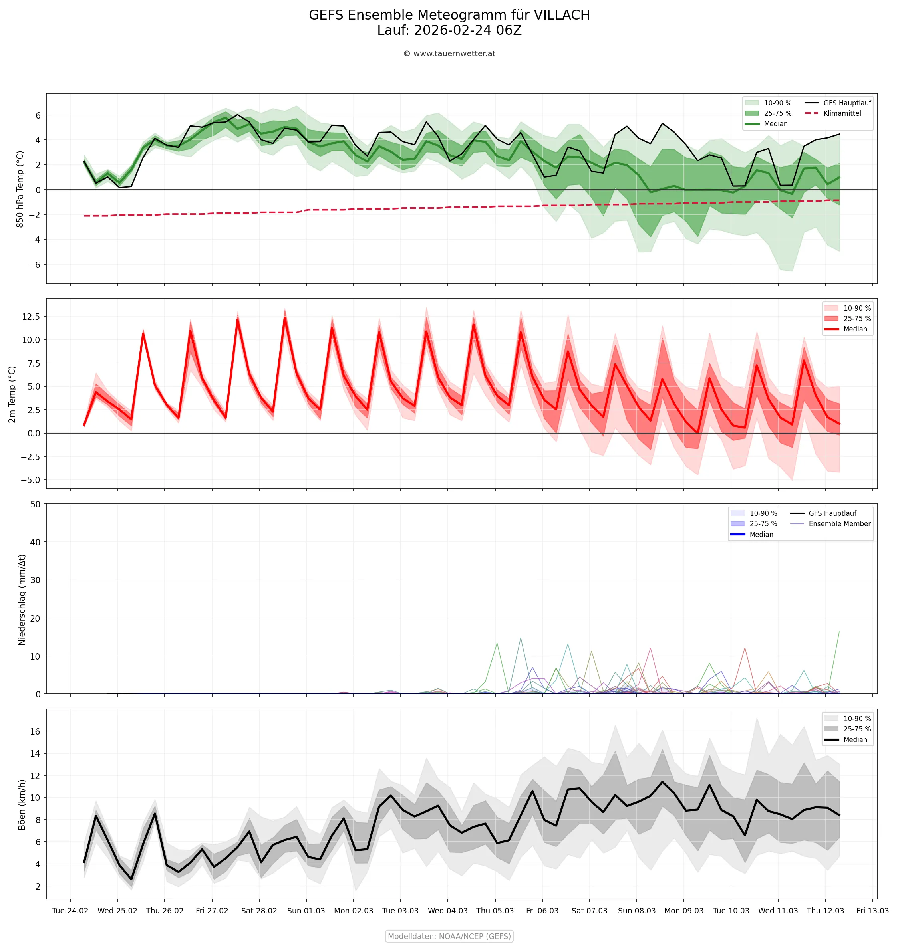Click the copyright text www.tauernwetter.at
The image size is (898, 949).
pyautogui.click(x=454, y=53)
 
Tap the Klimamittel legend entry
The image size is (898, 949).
pyautogui.click(x=842, y=113)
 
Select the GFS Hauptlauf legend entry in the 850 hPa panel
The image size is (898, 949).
pyautogui.click(x=847, y=103)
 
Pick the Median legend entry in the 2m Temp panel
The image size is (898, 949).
pyautogui.click(x=855, y=329)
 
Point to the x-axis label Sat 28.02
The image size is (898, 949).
pyautogui.click(x=259, y=911)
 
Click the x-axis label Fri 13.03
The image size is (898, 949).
pyautogui.click(x=872, y=911)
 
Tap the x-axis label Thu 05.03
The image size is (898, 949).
pyautogui.click(x=495, y=911)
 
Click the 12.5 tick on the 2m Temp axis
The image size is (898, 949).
pyautogui.click(x=31, y=317)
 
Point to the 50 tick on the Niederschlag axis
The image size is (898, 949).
pyautogui.click(x=36, y=504)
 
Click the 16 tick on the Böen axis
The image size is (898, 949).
pyautogui.click(x=36, y=731)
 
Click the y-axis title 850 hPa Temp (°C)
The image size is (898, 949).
pyautogui.click(x=20, y=189)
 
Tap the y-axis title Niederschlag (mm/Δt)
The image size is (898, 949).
pyautogui.click(x=22, y=599)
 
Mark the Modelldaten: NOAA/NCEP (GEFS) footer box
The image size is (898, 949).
pyautogui.click(x=449, y=936)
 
